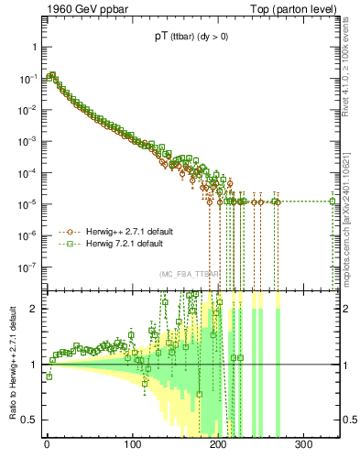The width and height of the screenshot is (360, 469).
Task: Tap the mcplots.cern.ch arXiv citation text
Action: click(352, 212)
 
